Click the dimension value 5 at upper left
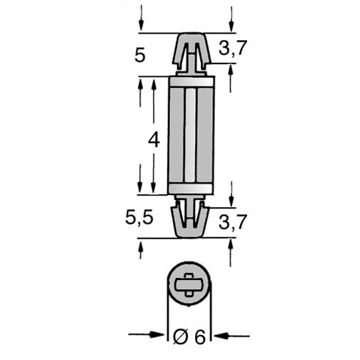coord(140,56)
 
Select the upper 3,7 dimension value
coord(232,49)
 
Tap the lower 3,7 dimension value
coord(232,222)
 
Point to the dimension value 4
coord(154,140)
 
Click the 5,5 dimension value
coord(139,218)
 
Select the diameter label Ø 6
coord(189,337)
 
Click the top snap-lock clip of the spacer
coord(191,54)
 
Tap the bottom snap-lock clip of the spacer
coord(190,216)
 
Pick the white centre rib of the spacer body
coord(191,135)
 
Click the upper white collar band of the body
coord(191,81)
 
